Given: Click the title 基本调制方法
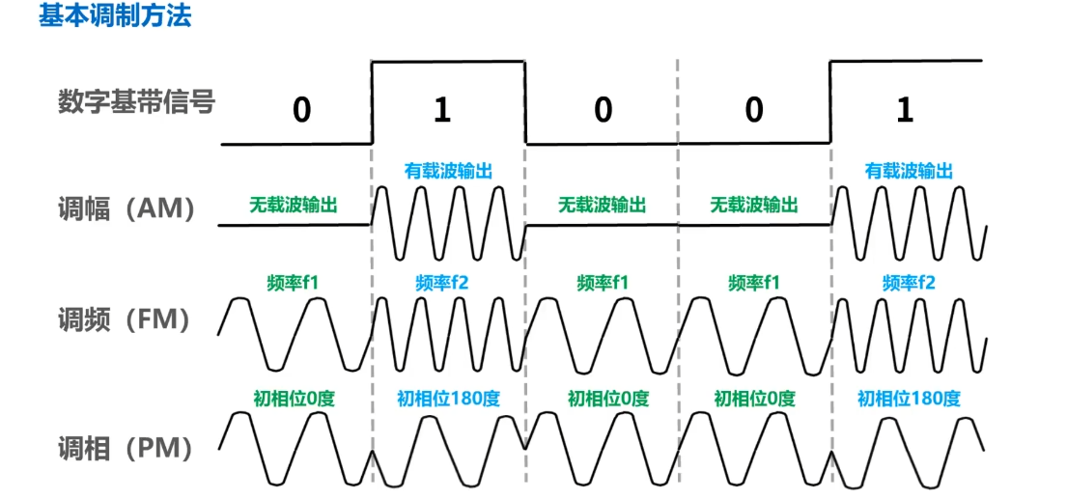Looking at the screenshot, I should point(115,16).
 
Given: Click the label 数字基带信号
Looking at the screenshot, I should point(134,100).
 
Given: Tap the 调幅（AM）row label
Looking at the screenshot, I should point(126,208).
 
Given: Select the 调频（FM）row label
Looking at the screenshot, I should point(126,319).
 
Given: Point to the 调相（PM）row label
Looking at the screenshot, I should point(126,447).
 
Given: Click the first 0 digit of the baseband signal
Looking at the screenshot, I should point(302,111).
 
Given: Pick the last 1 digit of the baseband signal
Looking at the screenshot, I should point(905,111).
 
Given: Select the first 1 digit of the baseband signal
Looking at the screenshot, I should point(442,111).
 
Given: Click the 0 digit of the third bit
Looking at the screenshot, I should point(604,111).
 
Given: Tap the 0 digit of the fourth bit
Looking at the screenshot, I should point(754,111).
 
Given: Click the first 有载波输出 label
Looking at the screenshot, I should point(448,171).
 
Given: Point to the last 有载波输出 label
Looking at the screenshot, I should point(909,171).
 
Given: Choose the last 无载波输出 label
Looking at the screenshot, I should point(754,205).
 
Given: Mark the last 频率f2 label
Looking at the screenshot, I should point(909,283).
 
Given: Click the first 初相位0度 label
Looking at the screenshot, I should point(294,398).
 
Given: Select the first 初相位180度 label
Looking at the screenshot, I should point(448,398).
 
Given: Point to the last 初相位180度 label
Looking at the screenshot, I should point(909,398).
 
